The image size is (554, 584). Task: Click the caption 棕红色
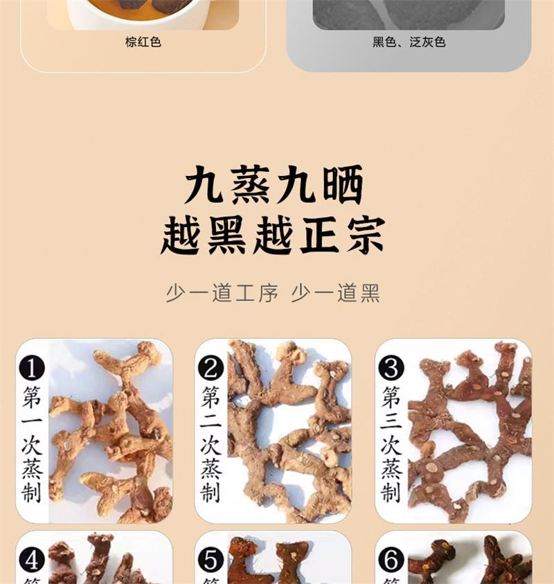(143, 42)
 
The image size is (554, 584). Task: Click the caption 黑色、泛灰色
(409, 42)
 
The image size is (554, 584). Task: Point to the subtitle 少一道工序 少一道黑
(273, 293)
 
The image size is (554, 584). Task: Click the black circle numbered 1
(32, 367)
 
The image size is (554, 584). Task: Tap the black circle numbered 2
(211, 367)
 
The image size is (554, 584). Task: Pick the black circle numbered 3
(391, 367)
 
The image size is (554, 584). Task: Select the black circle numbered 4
(32, 559)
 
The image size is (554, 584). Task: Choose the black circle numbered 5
(211, 559)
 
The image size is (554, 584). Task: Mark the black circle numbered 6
(391, 559)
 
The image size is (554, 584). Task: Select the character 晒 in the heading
(341, 185)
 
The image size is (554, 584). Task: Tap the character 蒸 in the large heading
(250, 185)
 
